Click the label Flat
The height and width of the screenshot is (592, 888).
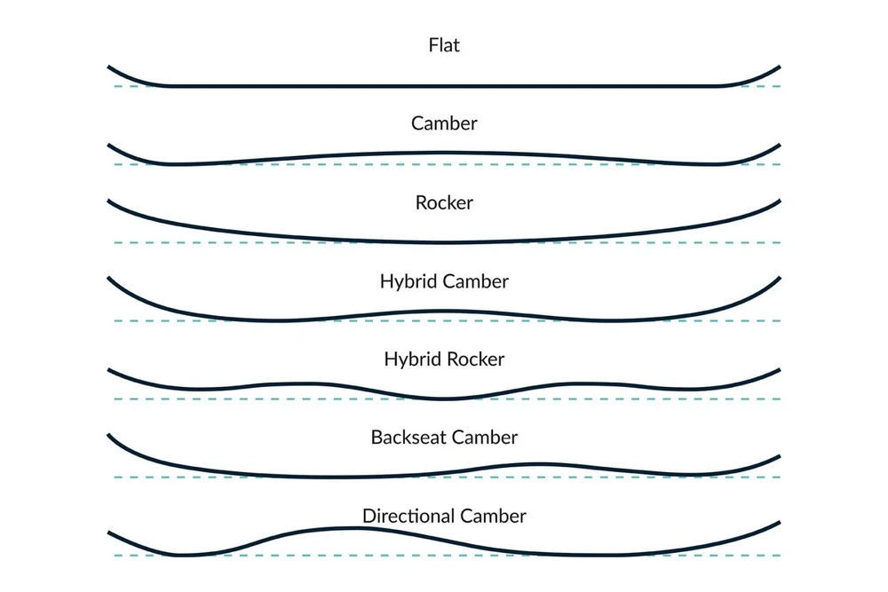tap(444, 44)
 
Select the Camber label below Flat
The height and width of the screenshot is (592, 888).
tap(444, 123)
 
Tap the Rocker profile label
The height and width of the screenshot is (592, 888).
tap(444, 202)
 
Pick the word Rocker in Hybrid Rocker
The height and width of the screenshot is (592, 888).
tap(475, 359)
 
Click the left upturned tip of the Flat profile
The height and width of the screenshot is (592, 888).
tap(110, 67)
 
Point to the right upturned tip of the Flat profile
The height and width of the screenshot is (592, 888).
tap(778, 67)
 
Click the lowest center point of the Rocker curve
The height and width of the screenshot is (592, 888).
tap(444, 241)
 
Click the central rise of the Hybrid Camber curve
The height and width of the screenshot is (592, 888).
tap(444, 312)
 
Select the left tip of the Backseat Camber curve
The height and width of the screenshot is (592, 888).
tap(110, 435)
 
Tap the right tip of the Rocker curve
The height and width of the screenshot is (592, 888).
tap(778, 201)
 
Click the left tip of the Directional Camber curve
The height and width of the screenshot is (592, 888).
tap(110, 533)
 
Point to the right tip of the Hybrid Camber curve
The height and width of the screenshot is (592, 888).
tap(778, 279)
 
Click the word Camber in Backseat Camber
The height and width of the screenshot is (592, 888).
tap(484, 438)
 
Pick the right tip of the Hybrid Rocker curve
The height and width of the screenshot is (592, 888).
tap(778, 370)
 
